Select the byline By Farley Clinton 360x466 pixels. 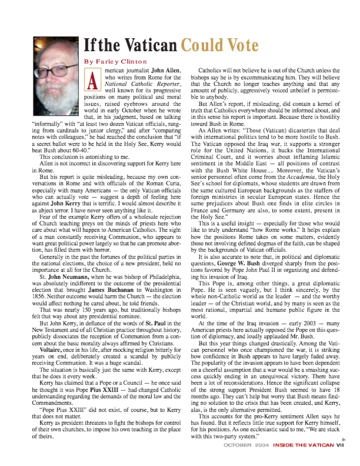[x=115, y=62]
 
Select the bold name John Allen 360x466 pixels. [x=166, y=71]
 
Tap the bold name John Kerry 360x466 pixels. [x=65, y=203]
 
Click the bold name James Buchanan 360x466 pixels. [x=111, y=290]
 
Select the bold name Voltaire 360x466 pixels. [x=51, y=350]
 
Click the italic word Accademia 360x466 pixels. [x=302, y=177]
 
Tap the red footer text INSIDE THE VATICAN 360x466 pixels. [x=303, y=445]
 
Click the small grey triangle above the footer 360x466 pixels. [x=344, y=439]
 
